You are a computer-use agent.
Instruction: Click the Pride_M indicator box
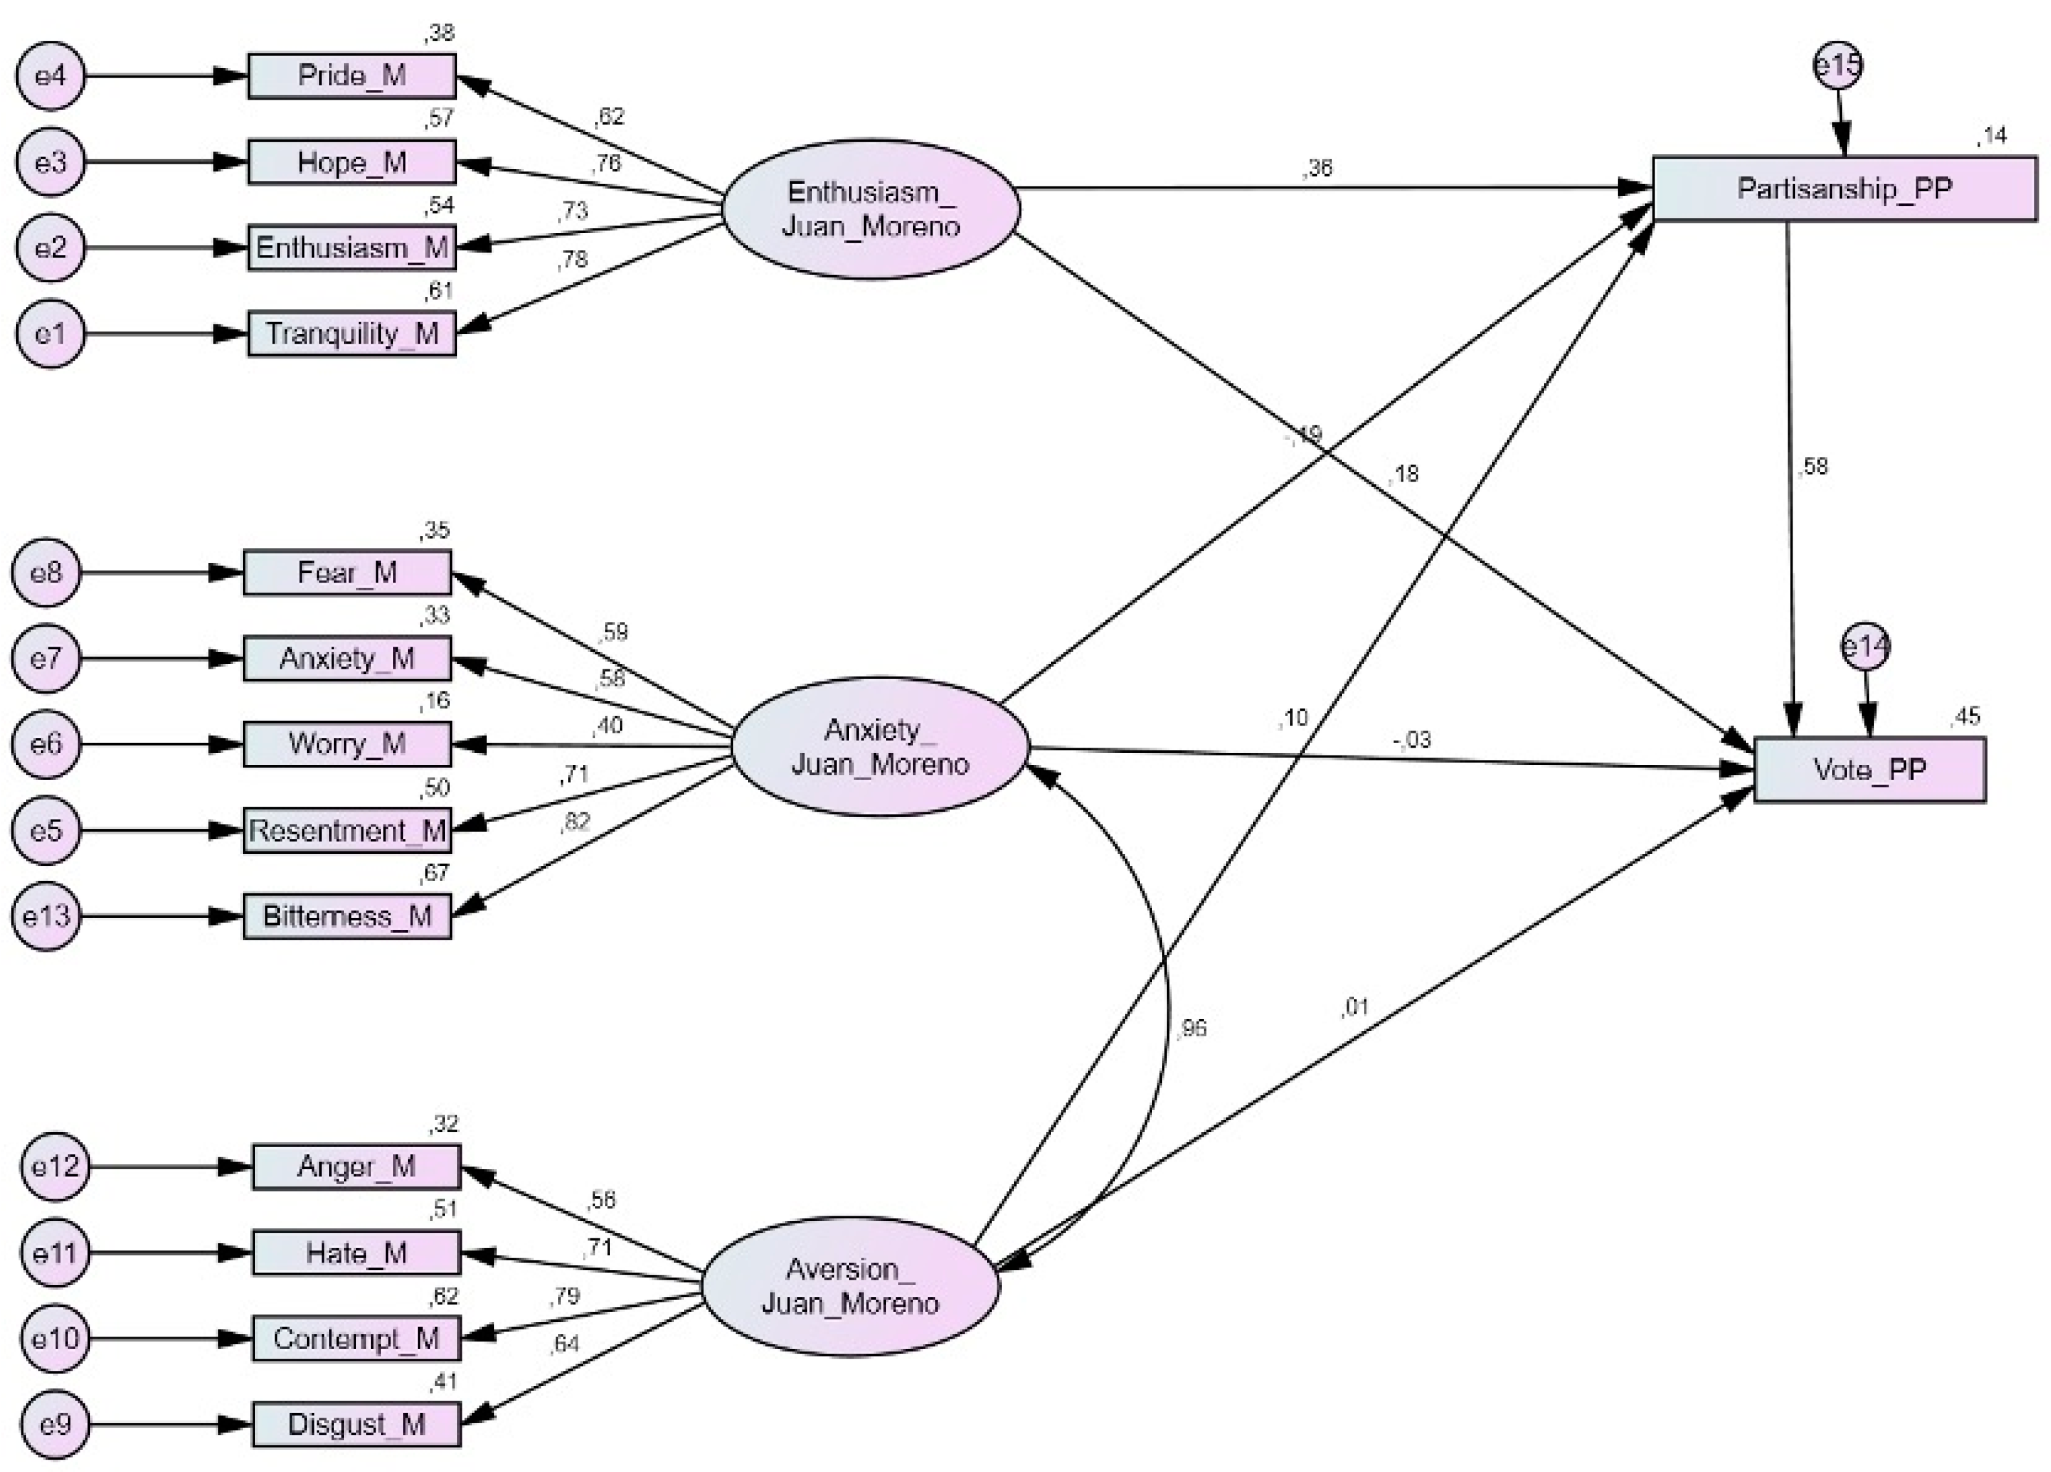(x=352, y=76)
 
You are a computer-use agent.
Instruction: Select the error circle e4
(x=51, y=76)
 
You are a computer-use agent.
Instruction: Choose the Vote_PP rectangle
(x=1869, y=770)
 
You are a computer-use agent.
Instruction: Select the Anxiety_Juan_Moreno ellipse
(x=879, y=747)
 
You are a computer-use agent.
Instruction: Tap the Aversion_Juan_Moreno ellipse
(x=850, y=1286)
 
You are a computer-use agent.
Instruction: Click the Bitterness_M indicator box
(x=347, y=917)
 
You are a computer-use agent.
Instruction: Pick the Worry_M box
(x=347, y=744)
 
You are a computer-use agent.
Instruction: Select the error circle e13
(x=46, y=917)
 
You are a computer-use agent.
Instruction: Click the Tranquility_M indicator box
(x=352, y=333)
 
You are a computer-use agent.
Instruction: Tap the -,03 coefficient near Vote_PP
(x=1412, y=740)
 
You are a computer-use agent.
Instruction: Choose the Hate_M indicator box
(x=356, y=1253)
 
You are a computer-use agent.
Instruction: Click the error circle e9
(x=55, y=1425)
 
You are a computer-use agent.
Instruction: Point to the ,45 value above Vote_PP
(x=1965, y=717)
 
